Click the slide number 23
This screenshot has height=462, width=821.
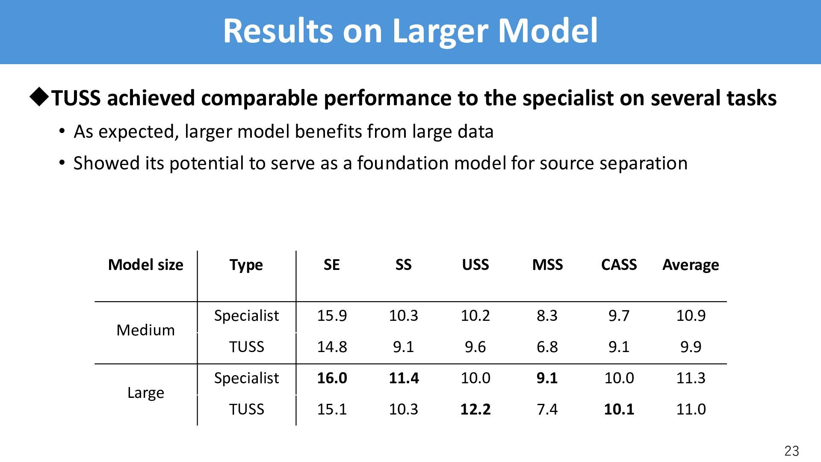pyautogui.click(x=791, y=451)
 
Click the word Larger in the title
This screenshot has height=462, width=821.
pyautogui.click(x=440, y=31)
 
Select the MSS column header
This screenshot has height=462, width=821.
pyautogui.click(x=547, y=265)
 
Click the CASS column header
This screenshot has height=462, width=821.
pyautogui.click(x=619, y=265)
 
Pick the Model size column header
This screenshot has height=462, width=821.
pyautogui.click(x=145, y=265)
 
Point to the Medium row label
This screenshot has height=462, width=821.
pyautogui.click(x=145, y=330)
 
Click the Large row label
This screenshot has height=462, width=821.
pyautogui.click(x=145, y=393)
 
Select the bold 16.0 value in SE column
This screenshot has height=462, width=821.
pyautogui.click(x=332, y=378)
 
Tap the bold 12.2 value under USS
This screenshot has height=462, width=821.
pyautogui.click(x=475, y=409)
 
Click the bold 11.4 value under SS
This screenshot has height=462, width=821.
pyautogui.click(x=404, y=378)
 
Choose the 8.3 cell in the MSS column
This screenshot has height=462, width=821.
pyautogui.click(x=547, y=316)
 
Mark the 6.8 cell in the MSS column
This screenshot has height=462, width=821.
pyautogui.click(x=547, y=347)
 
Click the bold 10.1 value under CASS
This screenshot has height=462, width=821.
pyautogui.click(x=619, y=409)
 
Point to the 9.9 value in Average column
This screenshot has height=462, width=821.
pyautogui.click(x=691, y=347)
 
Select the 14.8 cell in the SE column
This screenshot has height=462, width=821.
pyautogui.click(x=332, y=347)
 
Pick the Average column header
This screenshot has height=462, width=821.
pyautogui.click(x=691, y=265)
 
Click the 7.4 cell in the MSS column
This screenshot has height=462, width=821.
pyautogui.click(x=547, y=409)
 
